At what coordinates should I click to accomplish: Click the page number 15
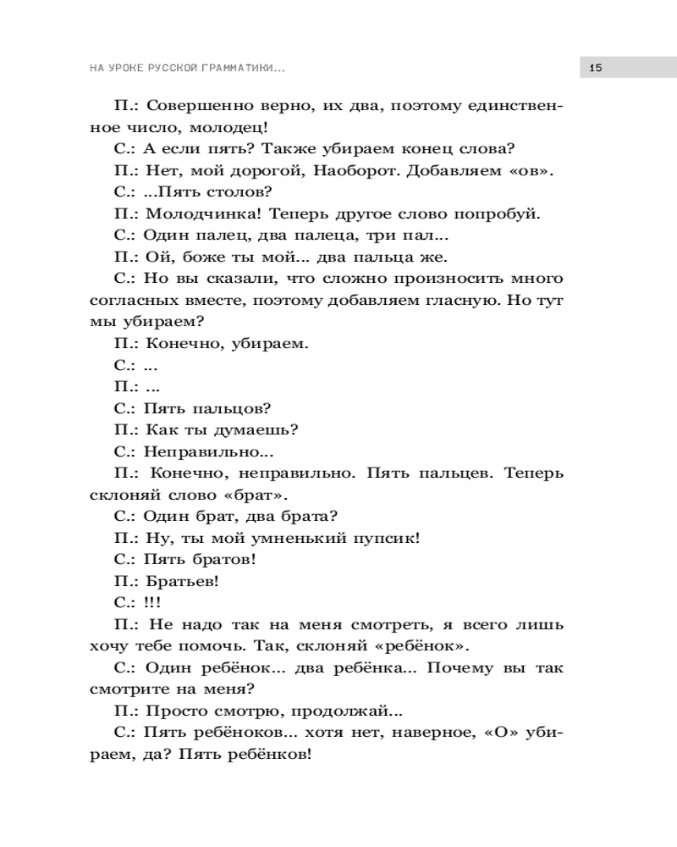pos(595,67)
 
